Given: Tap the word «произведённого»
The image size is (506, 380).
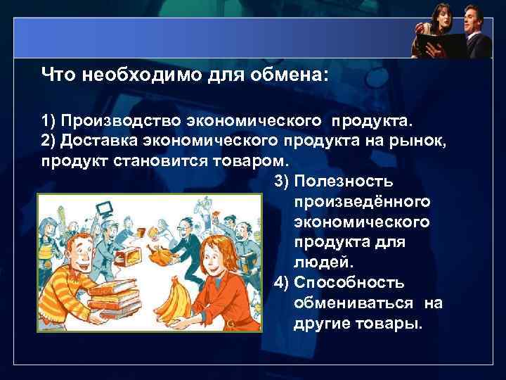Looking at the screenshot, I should tap(362, 203).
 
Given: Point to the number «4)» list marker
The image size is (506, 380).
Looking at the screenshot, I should tap(281, 283).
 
